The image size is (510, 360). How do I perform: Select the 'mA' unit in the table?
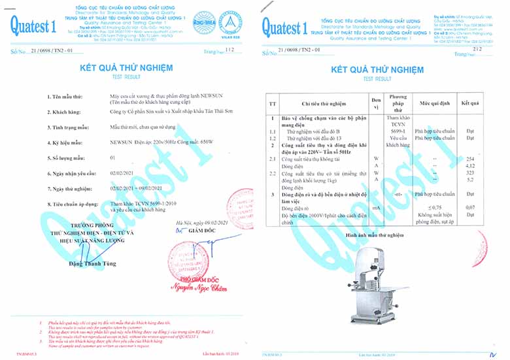[x=375, y=207]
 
